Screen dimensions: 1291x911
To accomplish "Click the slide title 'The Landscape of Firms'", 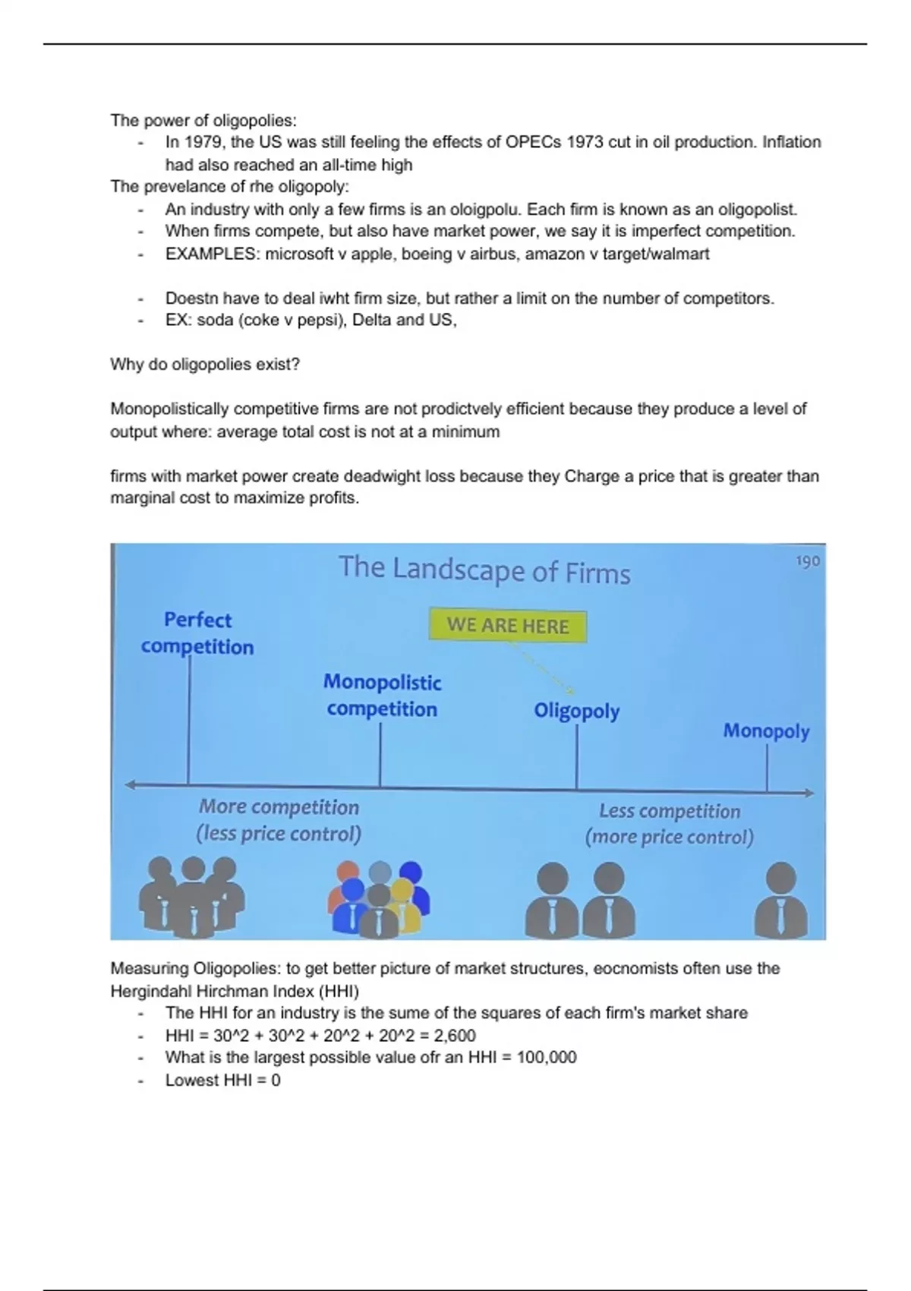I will click(x=484, y=570).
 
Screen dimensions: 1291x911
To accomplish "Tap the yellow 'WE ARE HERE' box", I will click(x=508, y=626).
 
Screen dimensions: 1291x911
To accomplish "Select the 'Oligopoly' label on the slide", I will click(x=576, y=711).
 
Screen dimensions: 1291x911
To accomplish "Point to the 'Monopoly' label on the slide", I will click(x=766, y=731).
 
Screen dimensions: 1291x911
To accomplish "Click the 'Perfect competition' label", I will click(x=197, y=633).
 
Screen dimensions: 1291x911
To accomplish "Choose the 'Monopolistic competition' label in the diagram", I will click(x=382, y=695).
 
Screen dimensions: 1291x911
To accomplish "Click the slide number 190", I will click(x=808, y=561).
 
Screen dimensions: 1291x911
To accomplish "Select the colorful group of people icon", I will click(x=379, y=898).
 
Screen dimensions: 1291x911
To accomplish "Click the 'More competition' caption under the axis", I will click(x=279, y=807).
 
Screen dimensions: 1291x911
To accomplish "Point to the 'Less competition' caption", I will click(x=669, y=811).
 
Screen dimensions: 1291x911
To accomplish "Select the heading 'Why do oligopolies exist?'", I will click(x=205, y=365).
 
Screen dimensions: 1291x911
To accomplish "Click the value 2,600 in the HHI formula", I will click(x=455, y=1035).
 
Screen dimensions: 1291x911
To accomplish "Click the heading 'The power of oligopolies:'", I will click(x=203, y=120).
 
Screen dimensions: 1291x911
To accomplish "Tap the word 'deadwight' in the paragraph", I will click(x=382, y=476).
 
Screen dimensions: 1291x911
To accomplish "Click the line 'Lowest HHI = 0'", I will click(x=222, y=1080).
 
